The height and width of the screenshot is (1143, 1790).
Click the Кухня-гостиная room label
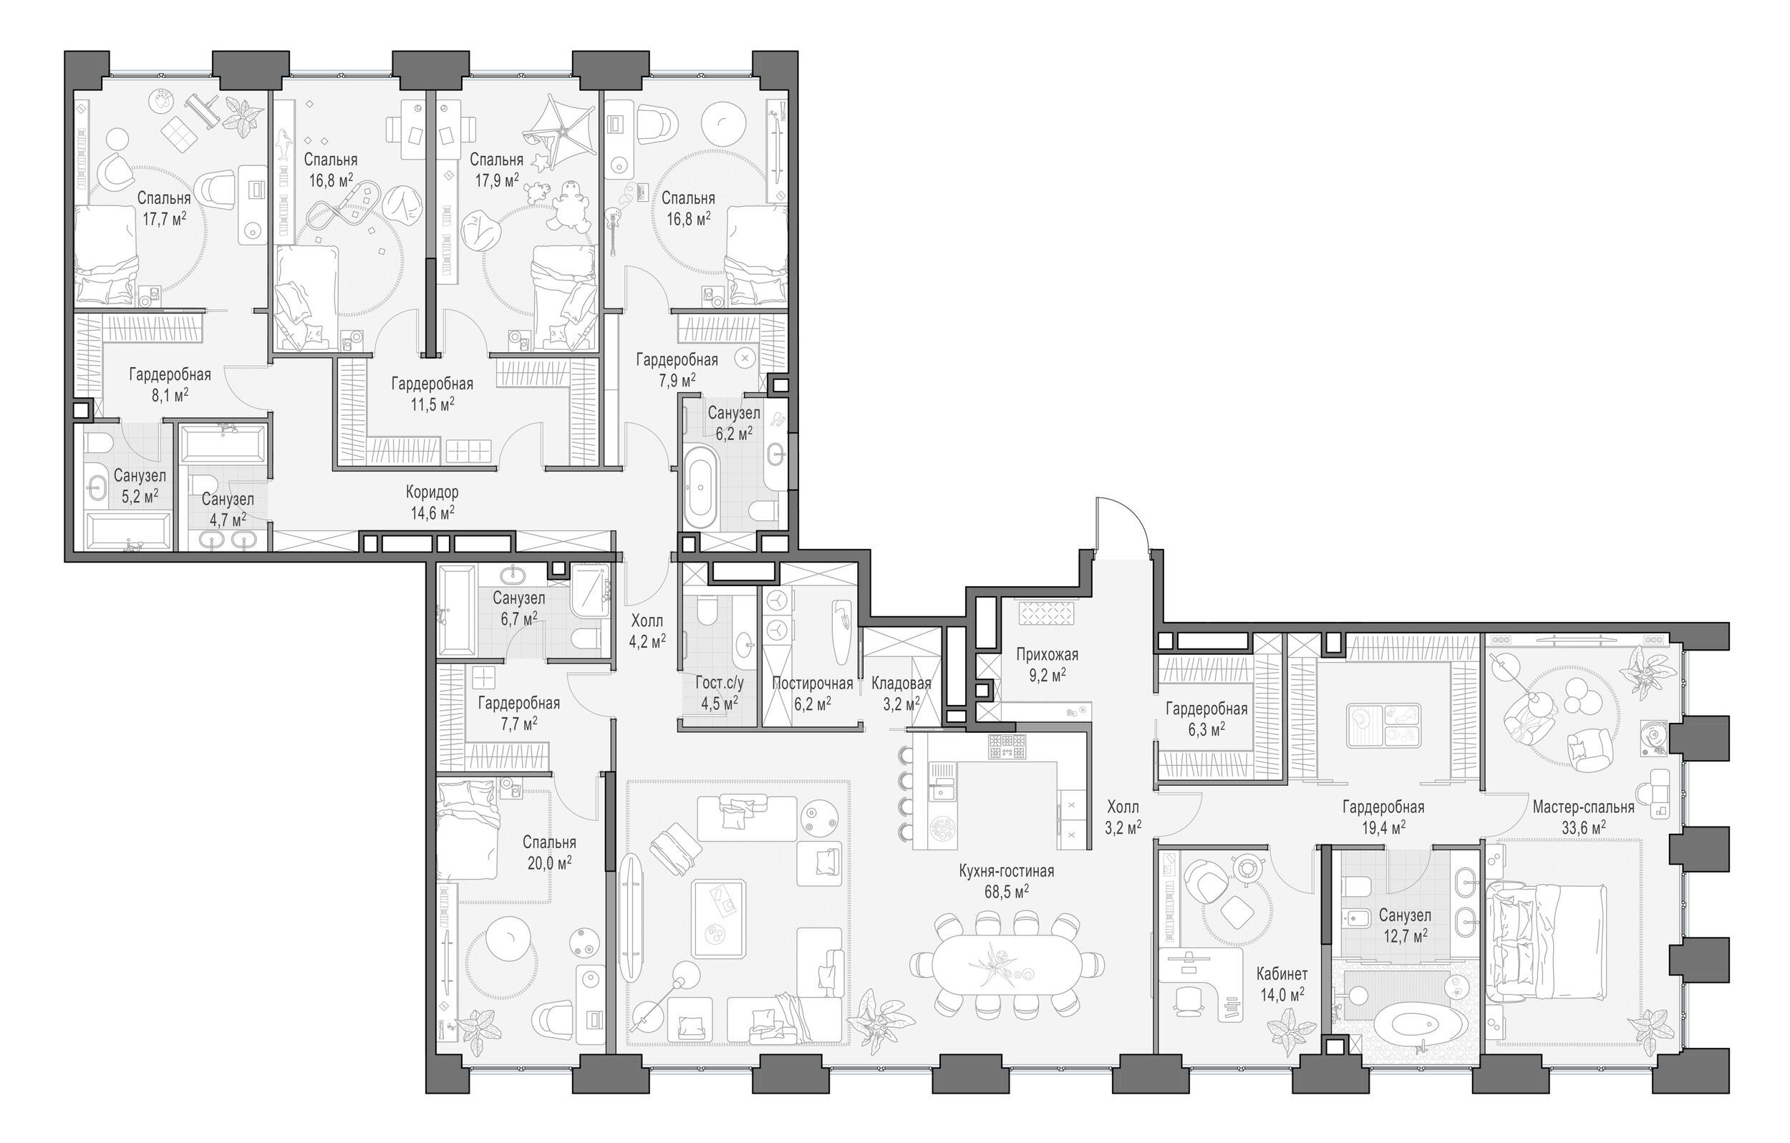1007,871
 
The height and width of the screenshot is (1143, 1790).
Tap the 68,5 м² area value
1007,891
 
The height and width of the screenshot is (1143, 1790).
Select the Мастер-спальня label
1583,807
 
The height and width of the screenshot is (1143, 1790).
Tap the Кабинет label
1282,973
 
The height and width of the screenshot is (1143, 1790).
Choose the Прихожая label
1047,655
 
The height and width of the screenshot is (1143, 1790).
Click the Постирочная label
812,683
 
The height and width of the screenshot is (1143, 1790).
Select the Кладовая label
901,683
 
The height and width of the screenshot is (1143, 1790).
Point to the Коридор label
432,492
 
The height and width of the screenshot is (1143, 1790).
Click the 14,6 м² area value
432,512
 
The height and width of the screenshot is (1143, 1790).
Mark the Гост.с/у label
719,683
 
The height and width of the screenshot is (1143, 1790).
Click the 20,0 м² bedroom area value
548,863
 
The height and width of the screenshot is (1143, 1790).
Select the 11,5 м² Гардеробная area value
432,404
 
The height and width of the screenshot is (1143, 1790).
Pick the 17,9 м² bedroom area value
495,180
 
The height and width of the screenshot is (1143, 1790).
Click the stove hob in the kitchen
1007,746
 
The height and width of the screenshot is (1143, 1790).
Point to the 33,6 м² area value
1583,827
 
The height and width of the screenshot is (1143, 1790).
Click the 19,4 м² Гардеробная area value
1383,827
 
